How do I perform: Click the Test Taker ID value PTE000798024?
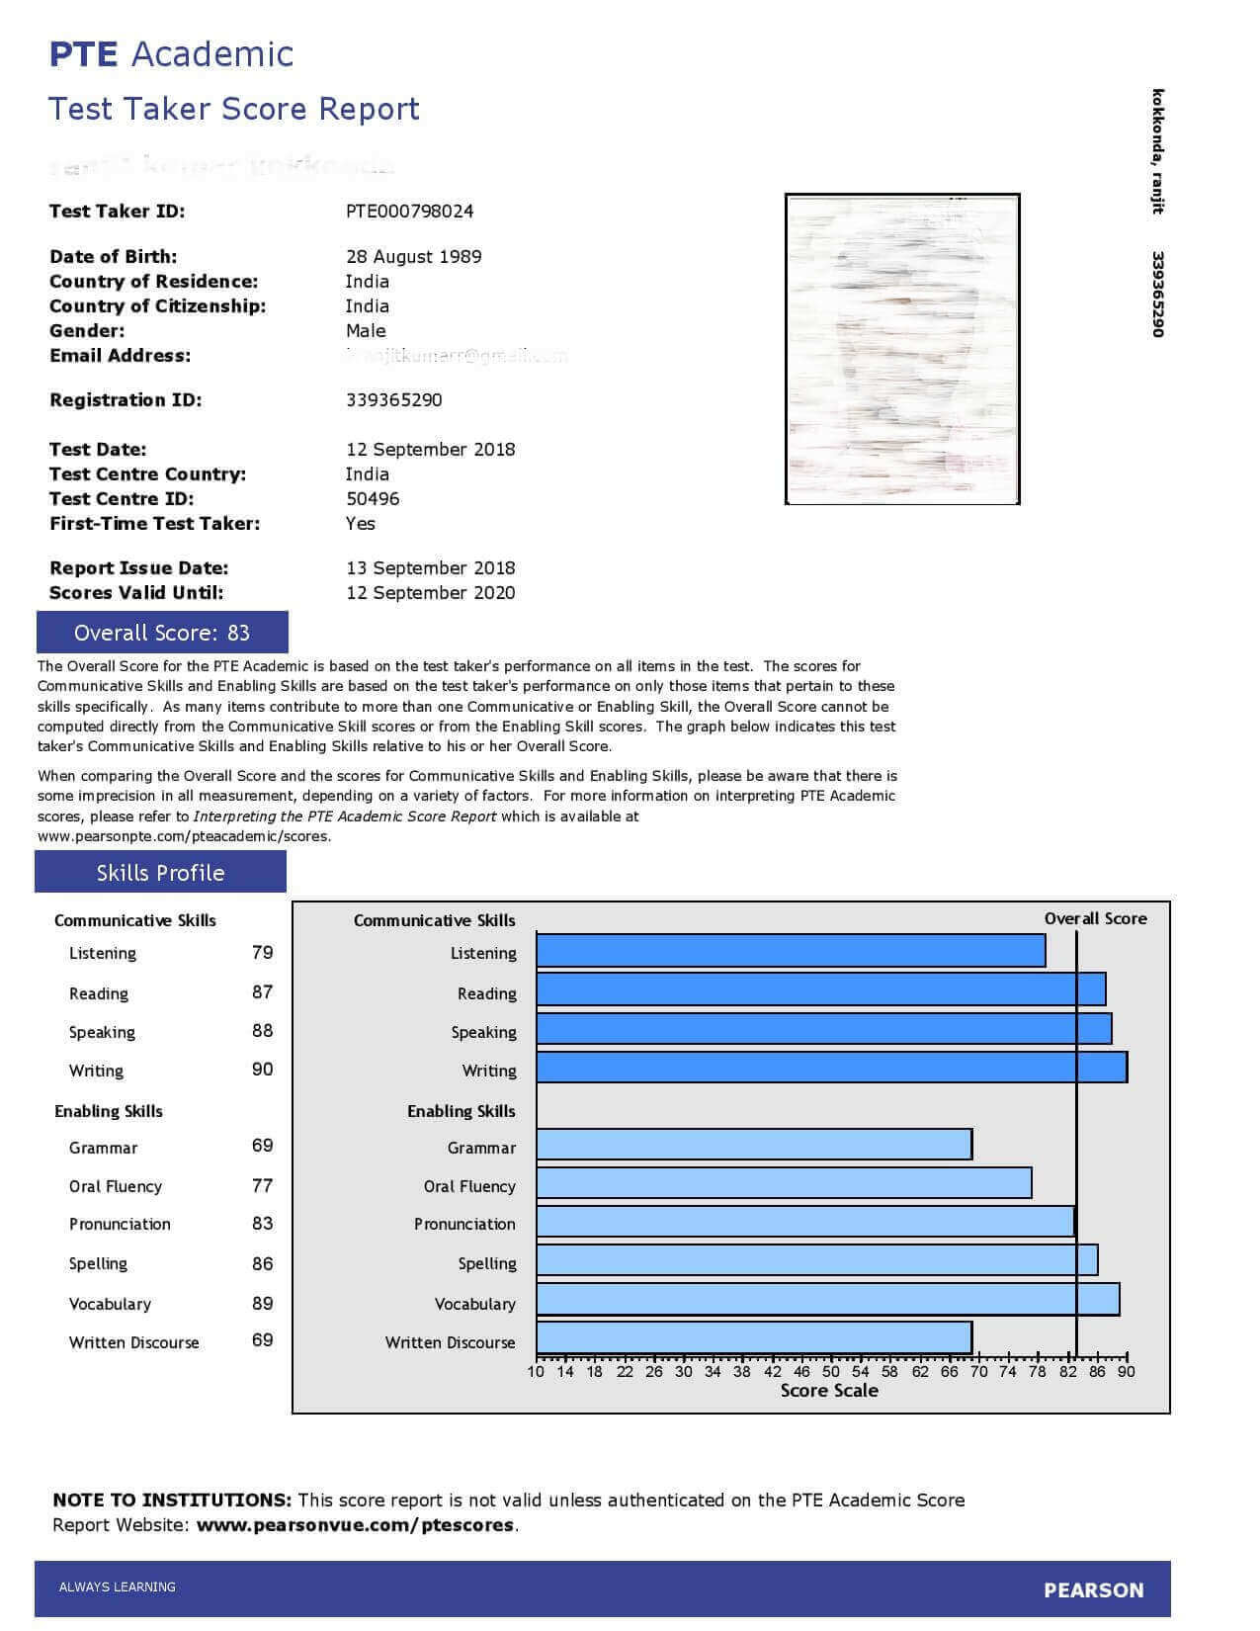[x=409, y=211]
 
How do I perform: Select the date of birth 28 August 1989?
[x=413, y=257]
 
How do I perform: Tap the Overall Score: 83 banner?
[x=162, y=633]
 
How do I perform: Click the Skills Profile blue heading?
[x=160, y=873]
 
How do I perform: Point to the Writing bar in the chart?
[x=831, y=1068]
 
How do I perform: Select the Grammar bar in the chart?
[x=754, y=1145]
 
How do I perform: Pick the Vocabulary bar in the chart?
[x=827, y=1300]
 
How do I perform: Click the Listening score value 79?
[x=262, y=953]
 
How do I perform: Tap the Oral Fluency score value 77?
[x=262, y=1185]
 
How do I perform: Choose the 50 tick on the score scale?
[x=830, y=1371]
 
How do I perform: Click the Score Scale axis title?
[x=829, y=1391]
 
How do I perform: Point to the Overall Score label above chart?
[x=1095, y=918]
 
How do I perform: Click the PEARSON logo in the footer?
[x=1093, y=1590]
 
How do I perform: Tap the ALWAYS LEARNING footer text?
[x=118, y=1588]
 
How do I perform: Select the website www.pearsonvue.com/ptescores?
[x=355, y=1525]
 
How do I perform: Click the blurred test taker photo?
[x=902, y=349]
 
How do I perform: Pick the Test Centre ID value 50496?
[x=373, y=499]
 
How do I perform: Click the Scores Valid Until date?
[x=430, y=593]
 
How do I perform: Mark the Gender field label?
[x=87, y=331]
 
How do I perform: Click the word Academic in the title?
[x=211, y=54]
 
